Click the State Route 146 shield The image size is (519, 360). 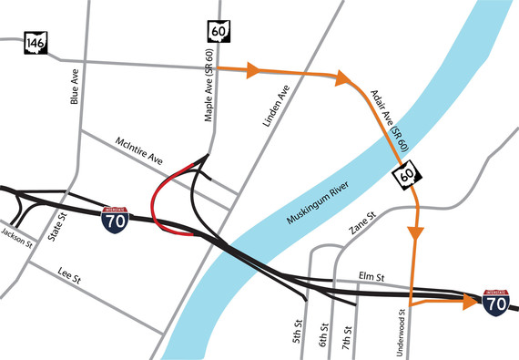(x=37, y=43)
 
